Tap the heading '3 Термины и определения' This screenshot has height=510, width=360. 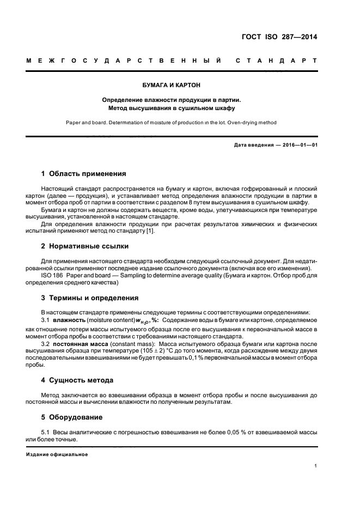click(x=90, y=298)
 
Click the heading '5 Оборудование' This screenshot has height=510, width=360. click(x=72, y=417)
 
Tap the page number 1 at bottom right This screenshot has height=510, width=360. click(x=316, y=466)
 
